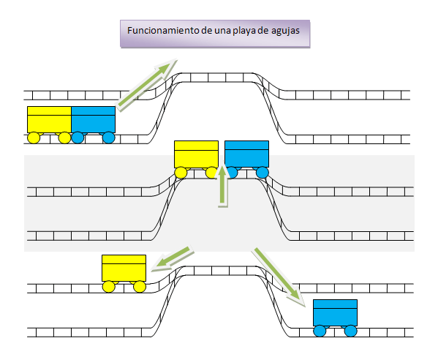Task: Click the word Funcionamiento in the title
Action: click(163, 30)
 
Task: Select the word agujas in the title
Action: click(285, 31)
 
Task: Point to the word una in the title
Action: click(222, 31)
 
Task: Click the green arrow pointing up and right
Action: click(147, 85)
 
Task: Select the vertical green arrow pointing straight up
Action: click(222, 186)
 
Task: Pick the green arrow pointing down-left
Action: click(173, 258)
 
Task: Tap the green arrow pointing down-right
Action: click(278, 276)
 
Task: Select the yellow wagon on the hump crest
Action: click(196, 158)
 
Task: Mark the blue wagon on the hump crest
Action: click(246, 158)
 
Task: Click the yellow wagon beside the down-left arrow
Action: click(124, 272)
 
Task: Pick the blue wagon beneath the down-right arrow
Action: click(335, 318)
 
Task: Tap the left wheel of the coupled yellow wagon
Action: click(34, 138)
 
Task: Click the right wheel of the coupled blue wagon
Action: click(109, 138)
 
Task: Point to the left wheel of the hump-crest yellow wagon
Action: click(181, 173)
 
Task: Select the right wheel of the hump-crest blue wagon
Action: click(263, 173)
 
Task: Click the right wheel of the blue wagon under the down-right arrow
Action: click(351, 331)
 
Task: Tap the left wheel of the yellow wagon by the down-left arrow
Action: click(109, 287)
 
